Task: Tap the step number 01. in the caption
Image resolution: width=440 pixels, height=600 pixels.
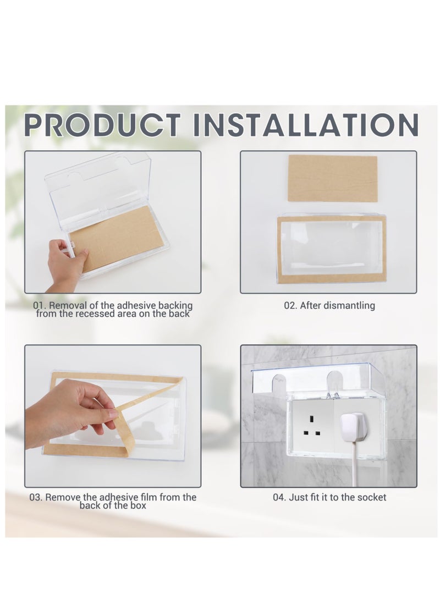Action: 40,305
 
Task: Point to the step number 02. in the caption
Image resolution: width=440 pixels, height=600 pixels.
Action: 291,305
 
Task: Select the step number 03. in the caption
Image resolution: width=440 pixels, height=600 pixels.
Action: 36,497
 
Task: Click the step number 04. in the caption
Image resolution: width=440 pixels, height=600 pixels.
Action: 280,497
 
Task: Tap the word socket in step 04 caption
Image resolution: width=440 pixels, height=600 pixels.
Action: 372,497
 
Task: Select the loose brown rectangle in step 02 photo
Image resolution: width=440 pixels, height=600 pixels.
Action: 332,178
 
